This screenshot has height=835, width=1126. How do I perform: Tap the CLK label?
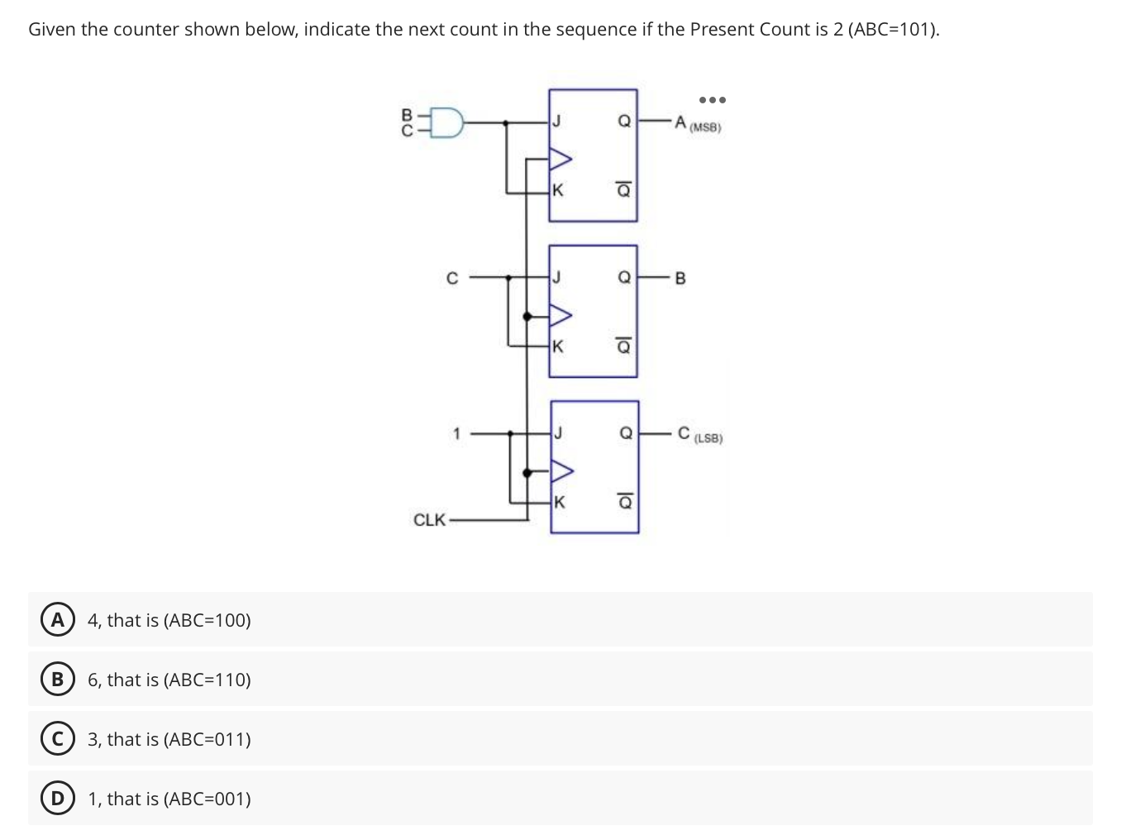coord(429,520)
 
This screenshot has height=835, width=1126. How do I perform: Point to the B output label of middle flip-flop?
coord(680,279)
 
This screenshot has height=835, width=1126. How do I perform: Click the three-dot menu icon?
coord(712,100)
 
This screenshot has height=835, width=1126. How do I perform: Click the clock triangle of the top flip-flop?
coord(561,157)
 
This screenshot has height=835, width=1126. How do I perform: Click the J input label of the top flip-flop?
coord(557,122)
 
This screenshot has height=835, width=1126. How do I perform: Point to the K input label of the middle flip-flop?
coord(558,346)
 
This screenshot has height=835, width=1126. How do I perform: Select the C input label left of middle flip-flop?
coord(451,279)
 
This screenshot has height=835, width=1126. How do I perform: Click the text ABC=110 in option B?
coord(207,680)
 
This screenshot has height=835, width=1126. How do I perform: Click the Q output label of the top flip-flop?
coord(625,122)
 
